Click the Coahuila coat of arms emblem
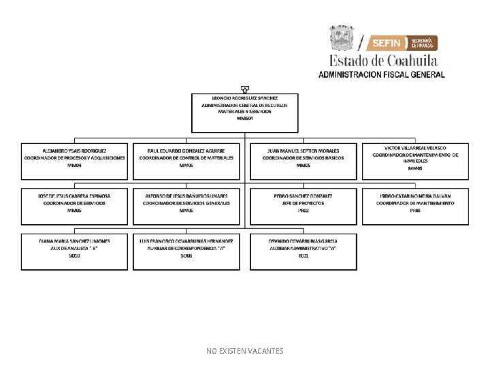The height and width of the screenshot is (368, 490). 342,38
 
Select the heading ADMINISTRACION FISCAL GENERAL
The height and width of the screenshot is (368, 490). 382,74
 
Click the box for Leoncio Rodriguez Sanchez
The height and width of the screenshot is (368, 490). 245,112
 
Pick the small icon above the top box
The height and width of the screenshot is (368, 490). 244,88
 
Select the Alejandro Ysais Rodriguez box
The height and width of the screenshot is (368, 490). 74,161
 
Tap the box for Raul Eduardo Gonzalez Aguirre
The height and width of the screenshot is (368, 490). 186,161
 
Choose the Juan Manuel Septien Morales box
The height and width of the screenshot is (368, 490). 303,161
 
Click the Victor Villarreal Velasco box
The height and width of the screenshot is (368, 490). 415,161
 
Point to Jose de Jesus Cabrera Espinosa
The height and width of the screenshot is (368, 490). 74,196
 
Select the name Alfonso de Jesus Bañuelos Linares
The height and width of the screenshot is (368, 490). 186,196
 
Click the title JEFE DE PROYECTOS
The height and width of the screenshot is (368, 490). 303,203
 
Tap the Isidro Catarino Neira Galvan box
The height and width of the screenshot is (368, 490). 415,206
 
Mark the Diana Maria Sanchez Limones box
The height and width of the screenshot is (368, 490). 74,251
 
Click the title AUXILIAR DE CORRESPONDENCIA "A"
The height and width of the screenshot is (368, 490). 186,248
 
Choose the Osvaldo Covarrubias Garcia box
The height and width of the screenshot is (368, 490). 303,251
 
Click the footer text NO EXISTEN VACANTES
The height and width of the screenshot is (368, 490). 245,351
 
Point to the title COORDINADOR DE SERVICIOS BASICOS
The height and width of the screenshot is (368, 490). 303,158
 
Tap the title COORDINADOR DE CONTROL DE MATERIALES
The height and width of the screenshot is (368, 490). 186,158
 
